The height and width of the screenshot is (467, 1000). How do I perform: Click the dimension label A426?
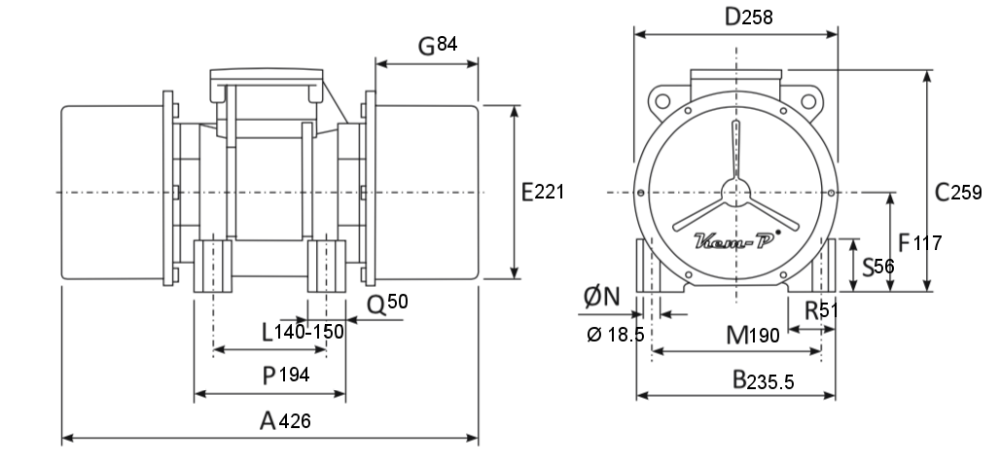[x=285, y=421]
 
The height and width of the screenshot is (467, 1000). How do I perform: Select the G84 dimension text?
[x=438, y=46]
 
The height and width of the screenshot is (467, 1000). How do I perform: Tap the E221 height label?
[x=543, y=192]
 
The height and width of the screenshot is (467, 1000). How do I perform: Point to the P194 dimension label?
[x=286, y=376]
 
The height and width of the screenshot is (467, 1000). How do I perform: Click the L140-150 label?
[x=303, y=332]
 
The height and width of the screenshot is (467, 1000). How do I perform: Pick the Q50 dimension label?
[x=387, y=305]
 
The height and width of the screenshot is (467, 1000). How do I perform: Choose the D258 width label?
[x=749, y=18]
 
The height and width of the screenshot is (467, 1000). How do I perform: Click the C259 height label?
[x=958, y=192]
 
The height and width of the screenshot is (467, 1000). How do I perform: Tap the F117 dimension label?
[x=919, y=243]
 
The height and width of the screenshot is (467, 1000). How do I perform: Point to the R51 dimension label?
[x=821, y=310]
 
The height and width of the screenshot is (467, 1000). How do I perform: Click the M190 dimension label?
[x=753, y=335]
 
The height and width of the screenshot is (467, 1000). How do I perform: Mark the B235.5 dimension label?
[x=763, y=380]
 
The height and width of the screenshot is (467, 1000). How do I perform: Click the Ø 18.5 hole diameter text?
[x=616, y=335]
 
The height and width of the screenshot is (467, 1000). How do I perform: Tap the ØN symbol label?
[x=602, y=297]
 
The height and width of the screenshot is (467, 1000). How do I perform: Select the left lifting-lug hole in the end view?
[x=662, y=101]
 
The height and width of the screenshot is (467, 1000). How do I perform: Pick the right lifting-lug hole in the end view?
[x=808, y=101]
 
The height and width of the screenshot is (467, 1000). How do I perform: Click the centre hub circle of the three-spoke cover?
[x=736, y=192]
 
